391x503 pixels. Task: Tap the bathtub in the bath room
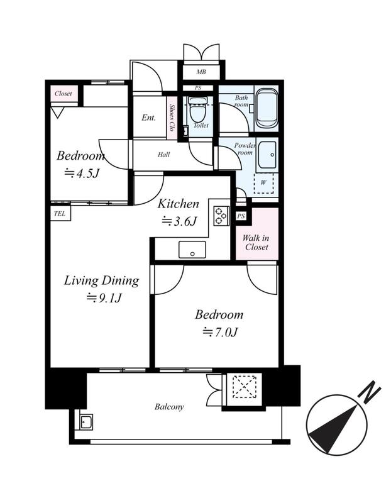tap(267, 108)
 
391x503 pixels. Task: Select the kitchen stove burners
tap(221, 216)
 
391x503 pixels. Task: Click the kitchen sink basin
tap(192, 250)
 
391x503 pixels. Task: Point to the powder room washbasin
tap(267, 155)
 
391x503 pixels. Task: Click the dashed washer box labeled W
tap(263, 183)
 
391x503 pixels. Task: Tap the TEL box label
tap(60, 214)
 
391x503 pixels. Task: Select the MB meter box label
tap(201, 72)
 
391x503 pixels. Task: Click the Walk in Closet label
tap(256, 243)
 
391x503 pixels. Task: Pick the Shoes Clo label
tap(172, 118)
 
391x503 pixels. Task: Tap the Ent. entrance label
tap(148, 118)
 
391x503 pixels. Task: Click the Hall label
tap(163, 155)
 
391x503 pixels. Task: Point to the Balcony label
tap(169, 407)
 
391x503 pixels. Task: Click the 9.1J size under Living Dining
tap(104, 298)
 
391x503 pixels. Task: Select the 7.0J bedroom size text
tap(220, 332)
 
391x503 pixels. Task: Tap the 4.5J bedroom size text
tap(82, 174)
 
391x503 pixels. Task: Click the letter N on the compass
tap(370, 391)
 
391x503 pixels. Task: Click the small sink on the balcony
tap(86, 422)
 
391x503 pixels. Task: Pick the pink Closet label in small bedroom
tap(63, 94)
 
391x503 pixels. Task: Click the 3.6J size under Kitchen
tap(179, 221)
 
